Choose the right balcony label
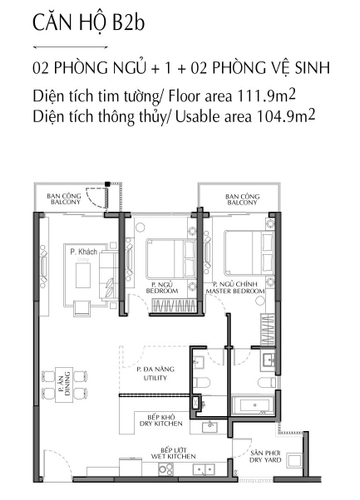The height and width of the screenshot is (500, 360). (x=238, y=200)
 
